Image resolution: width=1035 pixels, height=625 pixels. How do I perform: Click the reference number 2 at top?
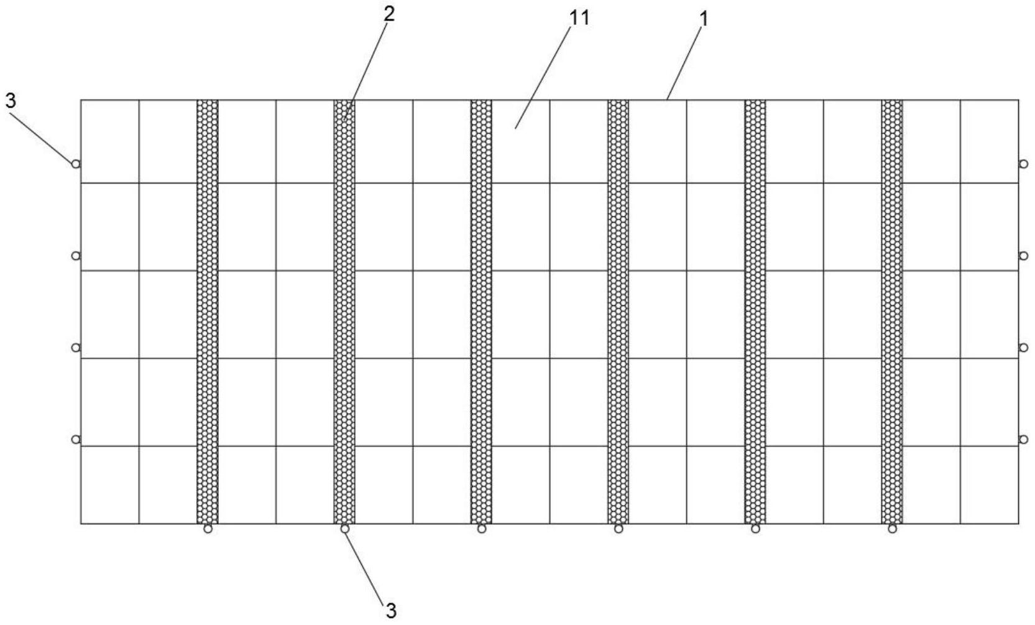pos(389,14)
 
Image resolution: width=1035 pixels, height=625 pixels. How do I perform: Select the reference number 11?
pos(579,18)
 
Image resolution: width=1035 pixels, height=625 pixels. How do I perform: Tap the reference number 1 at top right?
pos(704,19)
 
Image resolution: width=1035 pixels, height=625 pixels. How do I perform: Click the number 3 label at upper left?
pos(11,101)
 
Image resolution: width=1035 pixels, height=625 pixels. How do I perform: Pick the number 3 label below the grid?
pos(390,610)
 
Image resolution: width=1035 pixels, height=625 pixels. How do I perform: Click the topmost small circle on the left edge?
pos(76,164)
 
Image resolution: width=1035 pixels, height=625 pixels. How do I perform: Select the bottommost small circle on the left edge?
pos(76,440)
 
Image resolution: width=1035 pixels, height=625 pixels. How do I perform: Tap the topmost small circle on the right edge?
pos(1023,164)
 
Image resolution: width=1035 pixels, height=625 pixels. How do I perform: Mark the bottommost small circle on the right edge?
pos(1023,440)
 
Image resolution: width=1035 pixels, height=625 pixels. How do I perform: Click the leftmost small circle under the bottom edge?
pos(208,529)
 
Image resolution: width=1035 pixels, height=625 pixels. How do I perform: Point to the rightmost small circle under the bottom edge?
pos(892,529)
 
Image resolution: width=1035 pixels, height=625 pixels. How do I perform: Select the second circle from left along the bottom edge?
pos(344,529)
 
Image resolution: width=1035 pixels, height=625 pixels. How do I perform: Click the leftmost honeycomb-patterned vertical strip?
pos(208,311)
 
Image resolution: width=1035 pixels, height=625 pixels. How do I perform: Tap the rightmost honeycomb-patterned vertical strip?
pos(892,311)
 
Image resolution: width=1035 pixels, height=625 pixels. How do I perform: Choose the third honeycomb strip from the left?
pos(481,311)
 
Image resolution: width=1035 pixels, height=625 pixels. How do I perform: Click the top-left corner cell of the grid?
pos(109,141)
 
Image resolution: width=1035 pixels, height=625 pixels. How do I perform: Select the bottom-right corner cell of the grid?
pos(990,485)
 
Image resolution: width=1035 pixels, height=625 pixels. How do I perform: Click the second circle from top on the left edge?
pos(76,256)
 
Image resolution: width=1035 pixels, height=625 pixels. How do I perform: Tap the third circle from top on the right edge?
pos(1023,348)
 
